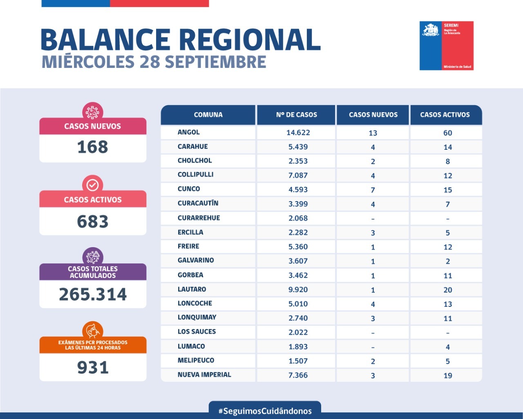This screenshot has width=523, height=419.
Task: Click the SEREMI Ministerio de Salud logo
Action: click(446, 45)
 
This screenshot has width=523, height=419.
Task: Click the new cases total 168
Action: click(93, 147)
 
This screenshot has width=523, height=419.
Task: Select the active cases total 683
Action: click(93, 222)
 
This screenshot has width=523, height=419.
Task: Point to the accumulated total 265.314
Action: click(93, 295)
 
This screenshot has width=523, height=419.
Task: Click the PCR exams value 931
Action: click(93, 367)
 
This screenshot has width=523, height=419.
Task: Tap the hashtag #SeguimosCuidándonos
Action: click(265, 411)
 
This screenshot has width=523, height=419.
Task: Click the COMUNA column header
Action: click(208, 115)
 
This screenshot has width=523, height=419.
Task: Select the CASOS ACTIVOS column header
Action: click(445, 115)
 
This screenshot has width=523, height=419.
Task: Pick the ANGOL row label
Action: click(189, 132)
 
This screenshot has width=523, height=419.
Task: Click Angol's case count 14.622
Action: click(298, 133)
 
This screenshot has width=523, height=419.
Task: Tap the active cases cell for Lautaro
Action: click(448, 290)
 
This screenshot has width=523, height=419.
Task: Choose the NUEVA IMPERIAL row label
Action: click(204, 374)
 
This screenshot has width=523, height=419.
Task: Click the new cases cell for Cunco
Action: click(373, 190)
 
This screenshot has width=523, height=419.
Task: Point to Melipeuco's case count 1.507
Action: click(298, 361)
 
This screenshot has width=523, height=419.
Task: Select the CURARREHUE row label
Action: click(199, 218)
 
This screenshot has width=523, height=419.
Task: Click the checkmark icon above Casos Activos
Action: click(93, 185)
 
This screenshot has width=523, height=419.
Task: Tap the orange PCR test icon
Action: click(93, 330)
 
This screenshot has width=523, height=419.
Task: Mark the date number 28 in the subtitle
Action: click(150, 62)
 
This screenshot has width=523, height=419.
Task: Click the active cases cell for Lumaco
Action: click(448, 347)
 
